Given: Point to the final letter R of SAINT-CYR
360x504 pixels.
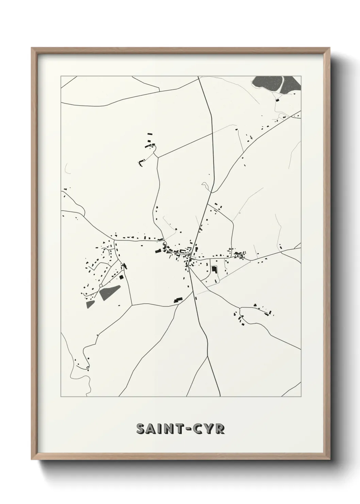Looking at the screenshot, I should point(220,429).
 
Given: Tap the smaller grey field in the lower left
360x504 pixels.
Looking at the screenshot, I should point(90,304).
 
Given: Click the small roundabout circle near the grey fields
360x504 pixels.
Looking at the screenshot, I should point(101,285).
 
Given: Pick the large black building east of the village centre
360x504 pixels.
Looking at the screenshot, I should point(214,269).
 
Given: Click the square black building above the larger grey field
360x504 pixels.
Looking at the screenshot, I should point(121,278).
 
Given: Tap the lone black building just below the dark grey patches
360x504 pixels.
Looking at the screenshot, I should point(277,100).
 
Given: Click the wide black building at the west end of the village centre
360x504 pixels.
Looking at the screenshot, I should point(158,251).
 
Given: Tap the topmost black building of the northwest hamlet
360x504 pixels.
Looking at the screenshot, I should point(149,135).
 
